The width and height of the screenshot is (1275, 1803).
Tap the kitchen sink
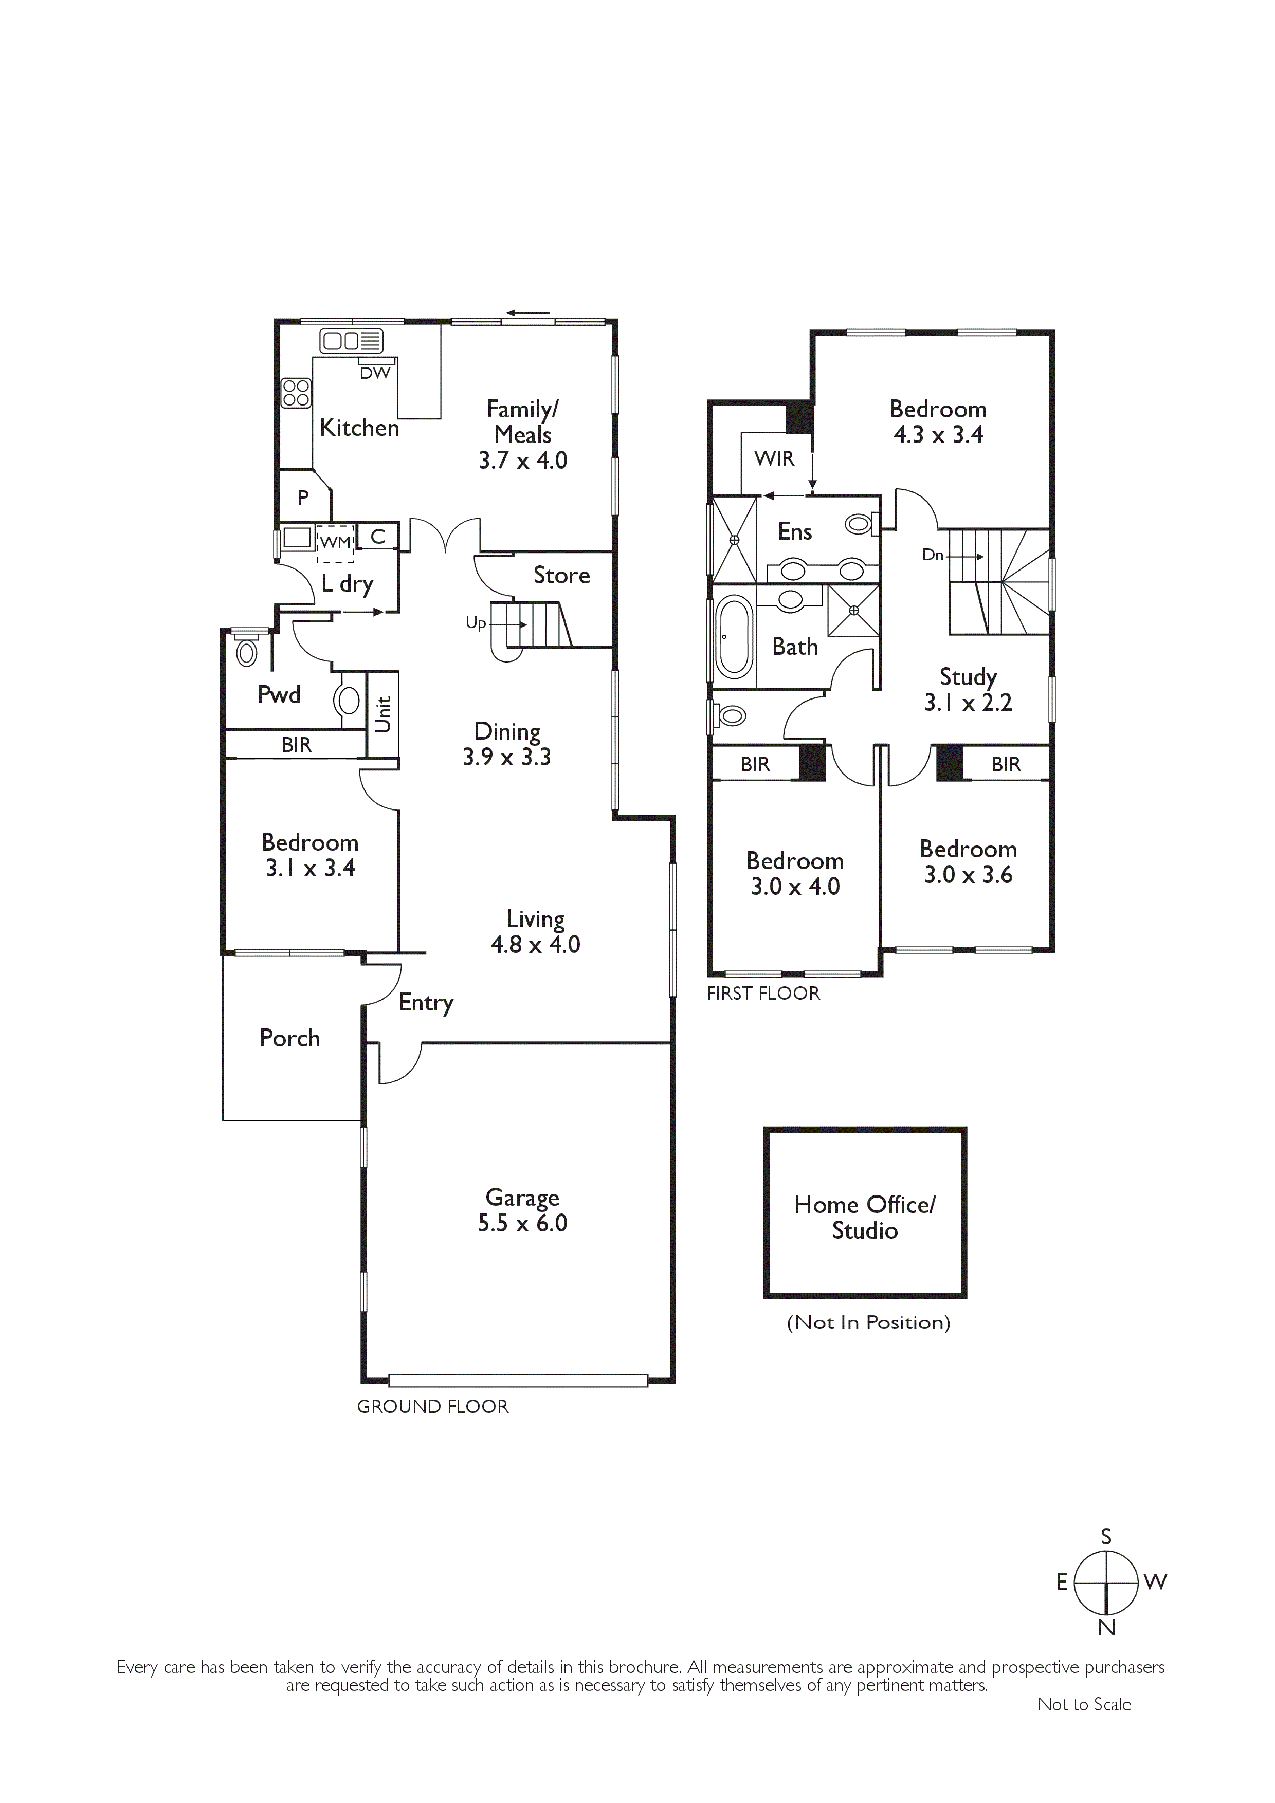(x=351, y=341)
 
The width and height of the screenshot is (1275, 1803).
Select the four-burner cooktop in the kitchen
(x=296, y=393)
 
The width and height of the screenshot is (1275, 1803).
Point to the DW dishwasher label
(x=375, y=373)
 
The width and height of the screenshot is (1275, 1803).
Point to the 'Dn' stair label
(x=933, y=555)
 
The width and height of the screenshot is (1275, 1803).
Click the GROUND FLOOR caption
(x=433, y=1406)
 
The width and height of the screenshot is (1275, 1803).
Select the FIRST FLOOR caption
(x=763, y=994)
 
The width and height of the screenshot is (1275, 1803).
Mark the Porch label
(x=290, y=1038)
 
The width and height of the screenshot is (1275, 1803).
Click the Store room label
(x=562, y=576)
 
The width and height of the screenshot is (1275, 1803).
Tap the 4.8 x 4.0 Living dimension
(x=535, y=945)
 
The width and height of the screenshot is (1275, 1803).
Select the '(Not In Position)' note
(x=868, y=1322)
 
